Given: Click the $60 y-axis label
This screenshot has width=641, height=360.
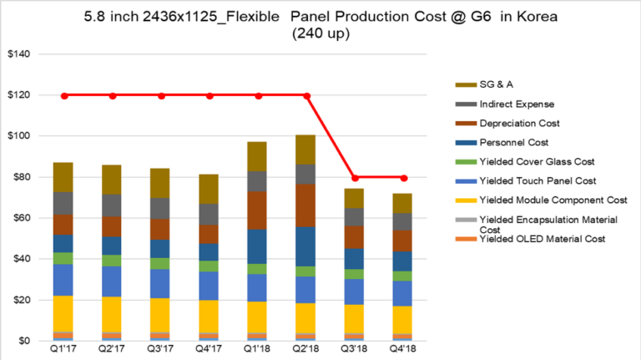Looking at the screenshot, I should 19,218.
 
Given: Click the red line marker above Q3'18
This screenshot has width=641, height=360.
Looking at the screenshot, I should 356,177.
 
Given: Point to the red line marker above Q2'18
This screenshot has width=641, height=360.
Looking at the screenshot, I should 307,95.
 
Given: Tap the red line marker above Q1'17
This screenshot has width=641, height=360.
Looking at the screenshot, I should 65,95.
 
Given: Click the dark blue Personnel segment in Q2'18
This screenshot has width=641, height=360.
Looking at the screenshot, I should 307,246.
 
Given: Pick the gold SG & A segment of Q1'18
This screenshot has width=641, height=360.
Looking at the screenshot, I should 259,156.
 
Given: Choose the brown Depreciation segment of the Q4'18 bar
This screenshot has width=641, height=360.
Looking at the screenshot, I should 404,241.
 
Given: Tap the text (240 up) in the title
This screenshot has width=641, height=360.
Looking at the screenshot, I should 320,34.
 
